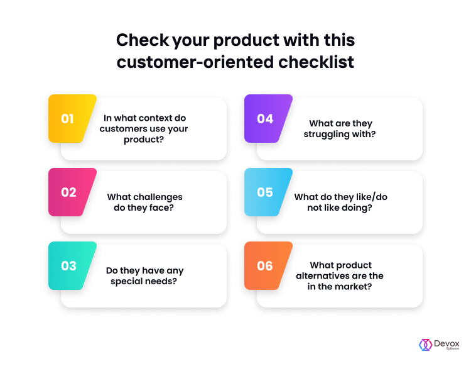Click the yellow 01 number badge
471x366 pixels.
(72, 118)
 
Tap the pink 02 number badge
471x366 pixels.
(72, 192)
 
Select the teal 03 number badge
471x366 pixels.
(72, 265)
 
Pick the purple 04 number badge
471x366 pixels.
(268, 118)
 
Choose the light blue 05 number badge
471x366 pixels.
(268, 192)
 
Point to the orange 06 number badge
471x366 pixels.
(268, 265)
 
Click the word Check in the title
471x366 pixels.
(143, 40)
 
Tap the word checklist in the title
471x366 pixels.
(316, 62)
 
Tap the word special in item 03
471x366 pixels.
(126, 282)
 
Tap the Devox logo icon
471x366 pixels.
(425, 345)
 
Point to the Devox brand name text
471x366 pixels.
(447, 343)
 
